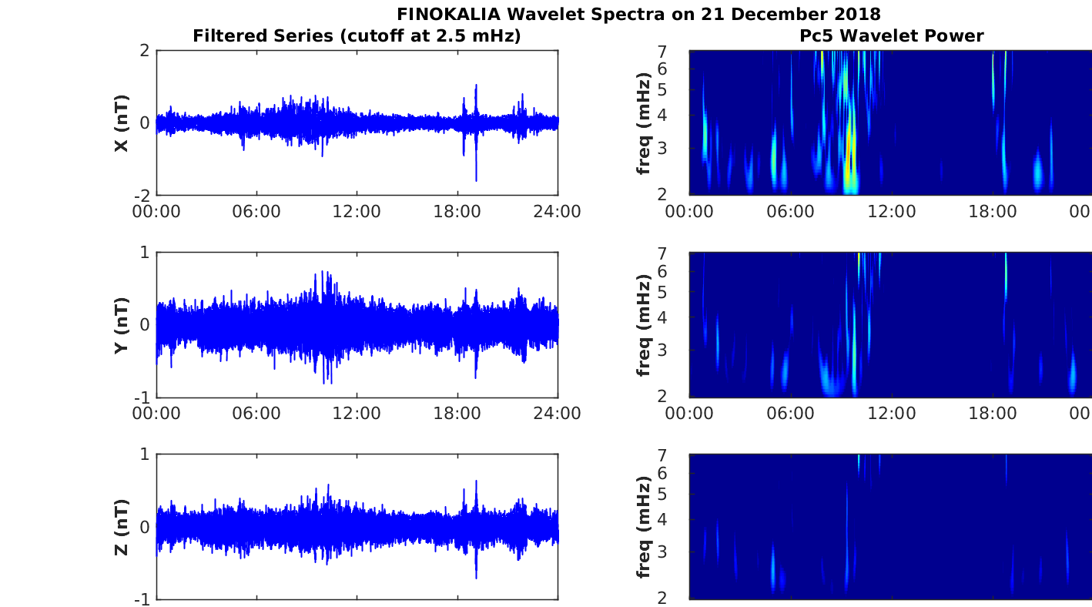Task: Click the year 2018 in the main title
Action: coord(859,14)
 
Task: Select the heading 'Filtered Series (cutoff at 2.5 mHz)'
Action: coord(357,35)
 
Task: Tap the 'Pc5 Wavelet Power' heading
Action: coord(891,35)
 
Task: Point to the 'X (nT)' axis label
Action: coord(121,123)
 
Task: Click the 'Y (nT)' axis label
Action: coord(121,325)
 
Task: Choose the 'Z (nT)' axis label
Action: coord(121,527)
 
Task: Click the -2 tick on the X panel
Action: coord(142,196)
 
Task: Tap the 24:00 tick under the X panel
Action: coord(558,212)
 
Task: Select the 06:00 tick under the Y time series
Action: coord(256,414)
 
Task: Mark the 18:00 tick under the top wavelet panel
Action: coord(993,212)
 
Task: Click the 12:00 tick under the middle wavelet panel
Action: coord(891,414)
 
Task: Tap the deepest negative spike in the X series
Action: coord(476,180)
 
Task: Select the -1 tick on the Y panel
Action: coord(142,397)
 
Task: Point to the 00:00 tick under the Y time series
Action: coord(156,414)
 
